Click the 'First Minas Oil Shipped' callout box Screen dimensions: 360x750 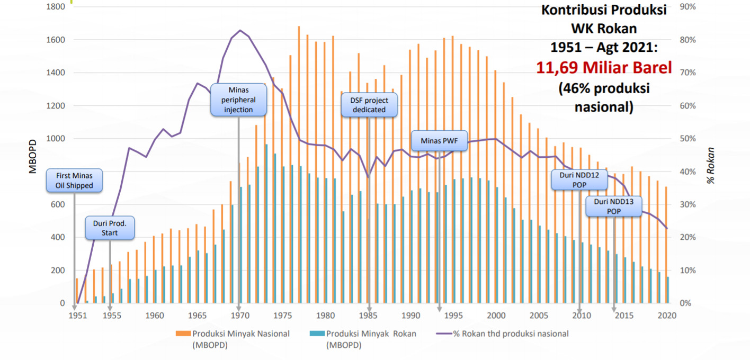coord(74,181)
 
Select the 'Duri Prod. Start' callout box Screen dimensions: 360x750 coord(110,228)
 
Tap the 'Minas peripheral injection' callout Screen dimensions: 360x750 coord(238,100)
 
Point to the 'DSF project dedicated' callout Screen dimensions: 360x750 coord(369,105)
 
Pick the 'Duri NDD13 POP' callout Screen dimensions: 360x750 coord(614,206)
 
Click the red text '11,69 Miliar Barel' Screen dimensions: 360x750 coord(604,68)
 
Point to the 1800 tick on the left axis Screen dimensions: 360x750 coord(56,7)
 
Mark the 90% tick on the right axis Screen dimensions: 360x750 coord(687,7)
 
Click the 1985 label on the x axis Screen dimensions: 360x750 coord(369,316)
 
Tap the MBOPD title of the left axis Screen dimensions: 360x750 coord(33,157)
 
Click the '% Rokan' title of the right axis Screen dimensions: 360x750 coord(711,166)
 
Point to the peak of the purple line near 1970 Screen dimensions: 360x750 coord(240,30)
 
